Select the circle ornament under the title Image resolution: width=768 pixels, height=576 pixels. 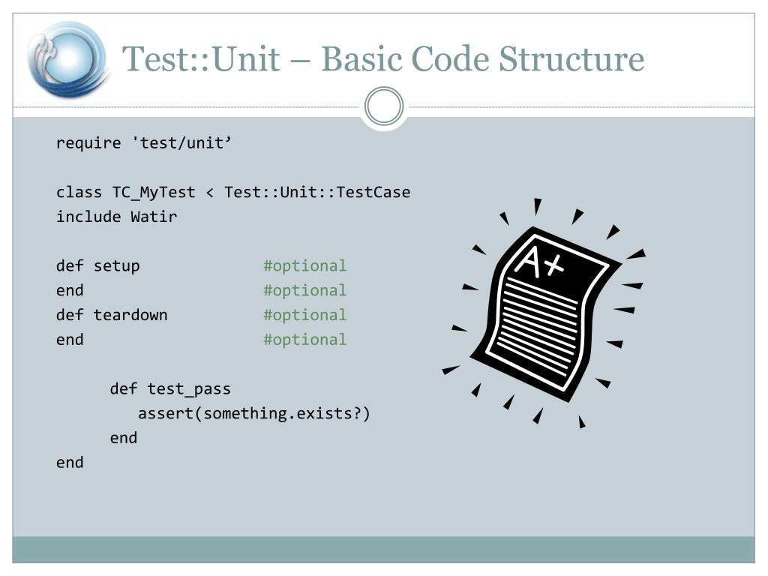coord(384,106)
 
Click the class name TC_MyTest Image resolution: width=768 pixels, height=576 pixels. coord(154,192)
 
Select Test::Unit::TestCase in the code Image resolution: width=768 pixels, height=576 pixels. coord(317,192)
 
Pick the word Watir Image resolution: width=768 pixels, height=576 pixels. coord(154,217)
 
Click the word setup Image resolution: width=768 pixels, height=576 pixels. coord(116,265)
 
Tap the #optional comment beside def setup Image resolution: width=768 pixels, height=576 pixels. coord(304,265)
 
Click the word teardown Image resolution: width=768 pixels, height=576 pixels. coord(130,315)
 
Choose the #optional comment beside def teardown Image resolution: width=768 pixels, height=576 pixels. coord(304,315)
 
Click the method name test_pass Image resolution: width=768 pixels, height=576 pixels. coord(189,389)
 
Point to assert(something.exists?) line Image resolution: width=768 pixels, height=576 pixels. coord(254,413)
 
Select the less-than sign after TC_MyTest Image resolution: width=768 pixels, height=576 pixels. coord(209,193)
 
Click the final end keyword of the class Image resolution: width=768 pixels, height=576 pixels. coord(70,462)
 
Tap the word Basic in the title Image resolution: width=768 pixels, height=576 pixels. coord(358,59)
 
